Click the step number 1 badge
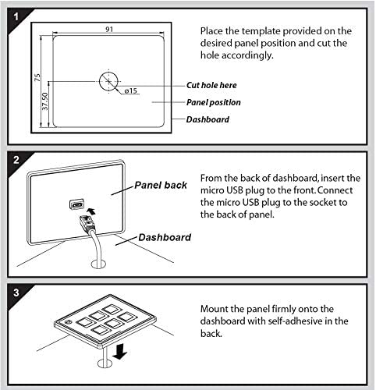(x=16, y=17)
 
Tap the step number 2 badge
(x=16, y=160)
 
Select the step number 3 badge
(x=16, y=292)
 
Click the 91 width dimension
(x=109, y=29)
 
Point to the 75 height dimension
(x=37, y=77)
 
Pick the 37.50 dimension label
(x=45, y=101)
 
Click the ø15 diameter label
(x=130, y=90)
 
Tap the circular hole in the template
(x=108, y=82)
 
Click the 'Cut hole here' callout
(x=211, y=85)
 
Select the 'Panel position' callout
(x=214, y=102)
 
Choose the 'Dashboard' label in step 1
(x=208, y=119)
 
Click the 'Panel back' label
(x=161, y=185)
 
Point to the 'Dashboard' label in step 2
(x=165, y=237)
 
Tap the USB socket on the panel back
(x=76, y=204)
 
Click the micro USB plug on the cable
(x=87, y=222)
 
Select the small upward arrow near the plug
(x=91, y=211)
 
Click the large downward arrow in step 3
(x=119, y=351)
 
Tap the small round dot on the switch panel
(x=68, y=322)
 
